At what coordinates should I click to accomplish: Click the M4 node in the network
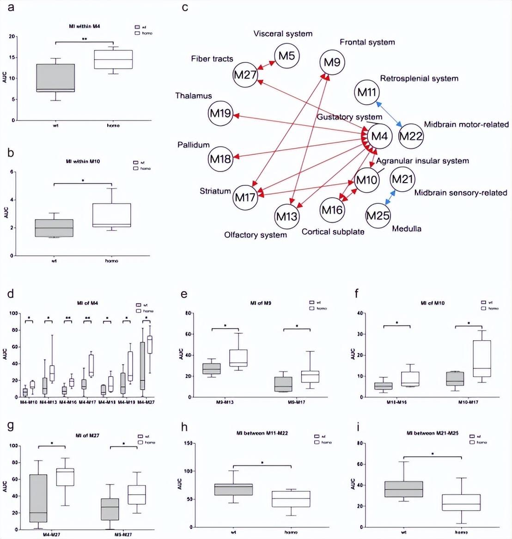coord(379,136)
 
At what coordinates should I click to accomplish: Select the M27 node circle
coord(245,74)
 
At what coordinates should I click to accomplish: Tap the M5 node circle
coord(286,56)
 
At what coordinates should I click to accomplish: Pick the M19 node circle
coord(220,113)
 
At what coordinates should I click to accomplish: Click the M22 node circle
coord(411,136)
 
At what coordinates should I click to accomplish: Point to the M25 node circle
coord(378,215)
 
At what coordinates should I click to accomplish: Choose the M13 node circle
coord(286,216)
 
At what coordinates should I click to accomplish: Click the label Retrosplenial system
coord(419,79)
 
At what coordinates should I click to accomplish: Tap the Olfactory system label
coord(255,235)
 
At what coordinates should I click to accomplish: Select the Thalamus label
coord(193,96)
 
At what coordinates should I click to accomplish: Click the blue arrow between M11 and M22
coord(389,113)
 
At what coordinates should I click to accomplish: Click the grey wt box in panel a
coord(55,78)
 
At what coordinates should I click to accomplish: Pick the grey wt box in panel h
coord(233,490)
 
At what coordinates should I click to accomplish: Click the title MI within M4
coord(84,26)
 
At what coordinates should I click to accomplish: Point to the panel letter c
coord(185,7)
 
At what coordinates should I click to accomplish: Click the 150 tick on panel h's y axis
coord(188,443)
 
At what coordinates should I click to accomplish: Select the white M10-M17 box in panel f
coord(482,358)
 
